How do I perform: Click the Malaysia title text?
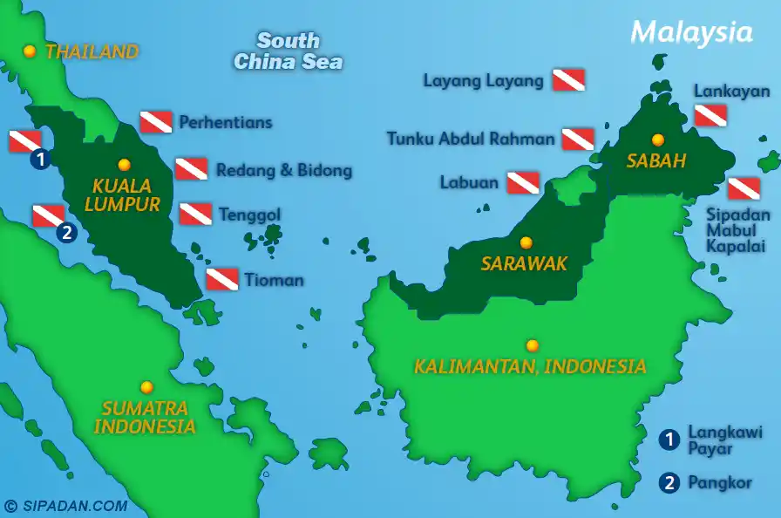pos(691,32)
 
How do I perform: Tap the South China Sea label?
pos(288,51)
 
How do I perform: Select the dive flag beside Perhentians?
pos(156,122)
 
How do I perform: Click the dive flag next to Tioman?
pos(222,279)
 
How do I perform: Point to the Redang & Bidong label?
pos(284,170)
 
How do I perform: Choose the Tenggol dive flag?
pos(195,214)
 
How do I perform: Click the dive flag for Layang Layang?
pos(568,80)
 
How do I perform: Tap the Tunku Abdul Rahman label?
pos(471,139)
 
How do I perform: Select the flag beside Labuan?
pos(523,182)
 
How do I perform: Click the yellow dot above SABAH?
pos(658,140)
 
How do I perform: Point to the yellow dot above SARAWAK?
pos(526,242)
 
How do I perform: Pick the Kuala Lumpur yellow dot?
pos(124,164)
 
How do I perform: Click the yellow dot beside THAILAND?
pos(30,51)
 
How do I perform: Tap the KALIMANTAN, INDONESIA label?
pos(530,366)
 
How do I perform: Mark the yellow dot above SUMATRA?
pos(146,387)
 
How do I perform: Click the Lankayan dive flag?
pos(710,115)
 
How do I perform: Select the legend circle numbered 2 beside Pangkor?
pos(669,482)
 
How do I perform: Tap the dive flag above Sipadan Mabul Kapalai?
pos(744,188)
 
